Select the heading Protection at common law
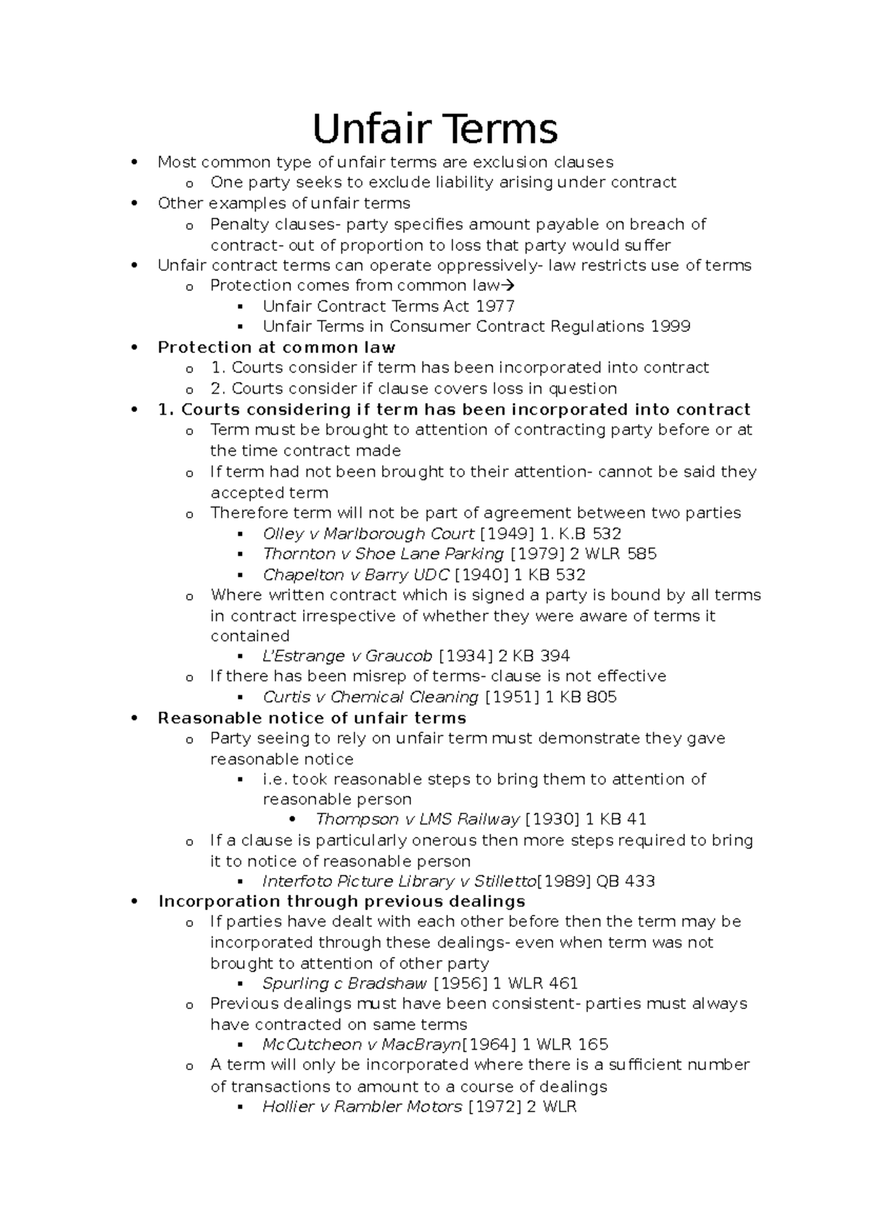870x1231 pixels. [276, 347]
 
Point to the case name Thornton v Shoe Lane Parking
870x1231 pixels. [383, 554]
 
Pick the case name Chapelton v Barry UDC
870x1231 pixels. [355, 575]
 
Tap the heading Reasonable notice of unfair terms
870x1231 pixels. [312, 718]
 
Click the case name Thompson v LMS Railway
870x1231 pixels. [418, 819]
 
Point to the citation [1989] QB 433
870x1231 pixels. [595, 882]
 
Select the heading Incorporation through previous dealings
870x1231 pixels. [341, 902]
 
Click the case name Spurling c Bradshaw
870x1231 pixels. [345, 984]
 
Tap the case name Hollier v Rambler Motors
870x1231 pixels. [362, 1107]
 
